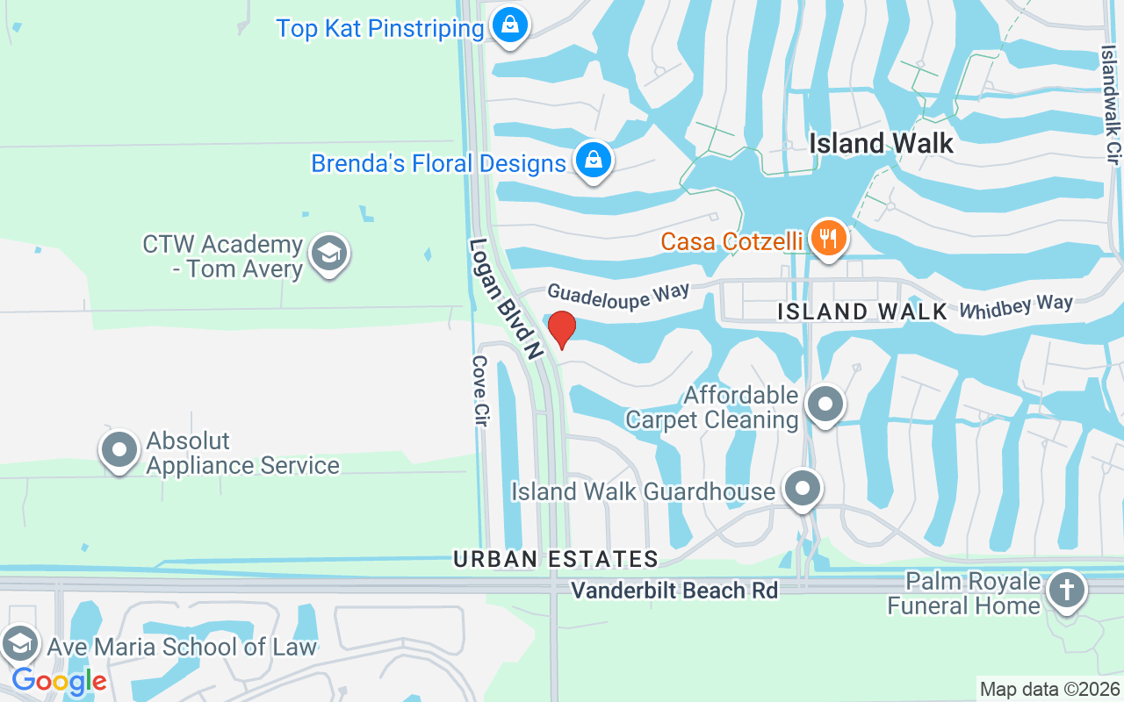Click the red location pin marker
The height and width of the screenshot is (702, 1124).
[x=561, y=328]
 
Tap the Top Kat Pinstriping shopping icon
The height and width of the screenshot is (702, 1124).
[x=509, y=25]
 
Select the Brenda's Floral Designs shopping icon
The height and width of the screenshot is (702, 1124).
[x=594, y=160]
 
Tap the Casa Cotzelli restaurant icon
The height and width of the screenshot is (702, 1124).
[x=827, y=237]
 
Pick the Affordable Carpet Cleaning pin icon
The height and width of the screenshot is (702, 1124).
[x=824, y=405]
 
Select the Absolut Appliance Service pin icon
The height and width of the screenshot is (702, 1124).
[x=119, y=449]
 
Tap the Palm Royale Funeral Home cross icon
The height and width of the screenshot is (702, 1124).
[x=1067, y=590]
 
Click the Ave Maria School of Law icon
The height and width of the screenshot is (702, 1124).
[x=19, y=644]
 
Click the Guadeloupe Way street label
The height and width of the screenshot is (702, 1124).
[x=618, y=294]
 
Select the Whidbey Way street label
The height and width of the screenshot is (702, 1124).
[x=1016, y=307]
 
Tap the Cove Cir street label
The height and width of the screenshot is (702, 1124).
[x=479, y=392]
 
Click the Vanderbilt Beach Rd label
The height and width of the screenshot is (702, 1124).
[x=674, y=591]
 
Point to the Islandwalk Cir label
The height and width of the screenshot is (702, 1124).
[x=1111, y=105]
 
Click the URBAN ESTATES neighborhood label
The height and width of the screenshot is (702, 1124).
[x=556, y=559]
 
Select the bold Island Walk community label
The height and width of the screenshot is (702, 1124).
[x=881, y=143]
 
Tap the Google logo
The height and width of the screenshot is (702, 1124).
[x=59, y=680]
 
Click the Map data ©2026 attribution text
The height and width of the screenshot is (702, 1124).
[x=1050, y=689]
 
